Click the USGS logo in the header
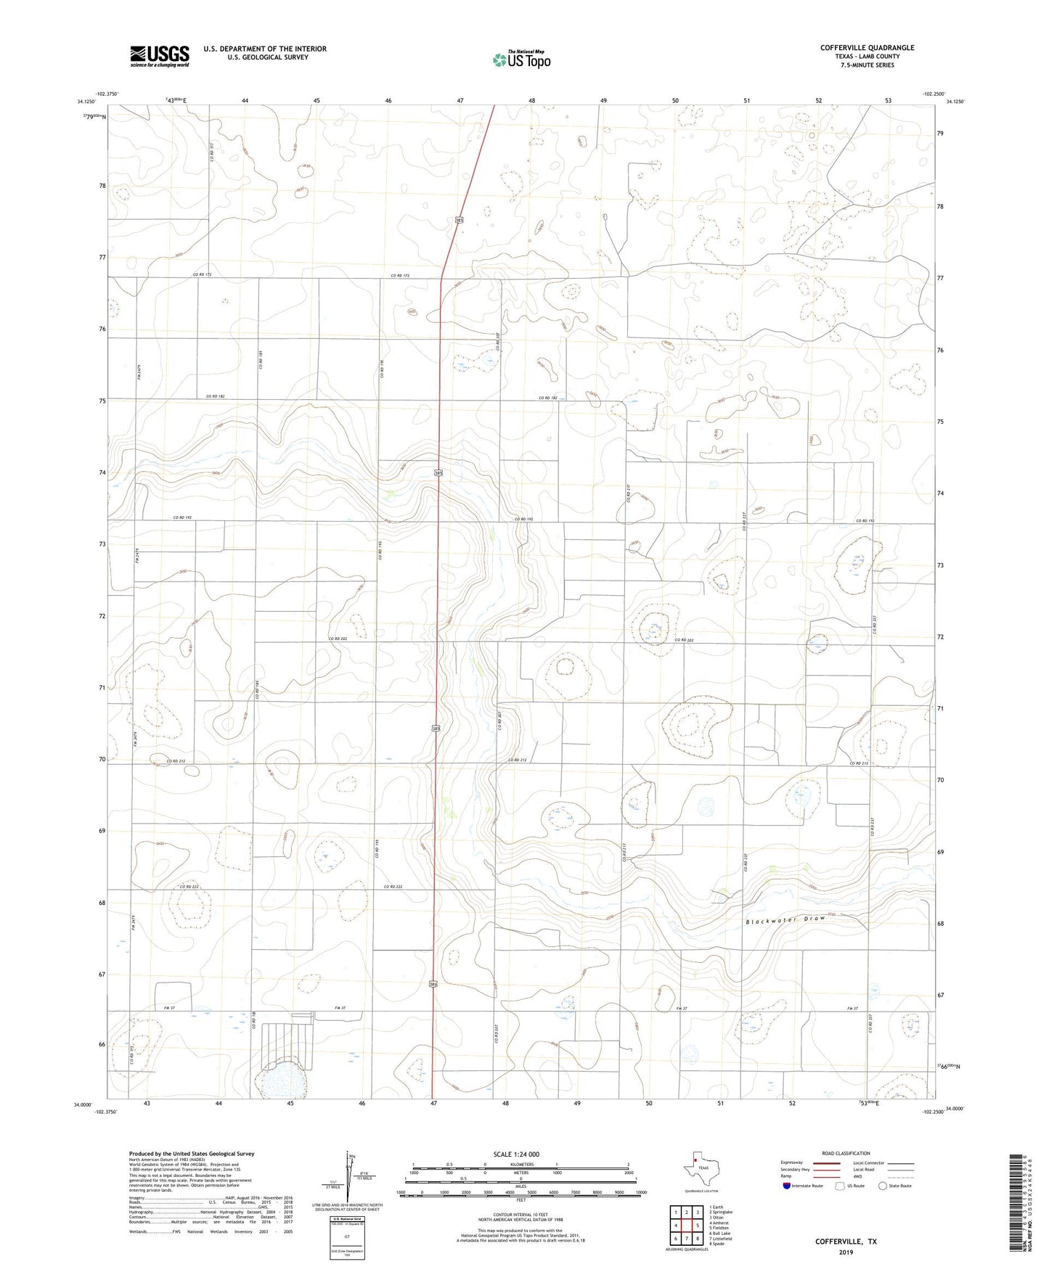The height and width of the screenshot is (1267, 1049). (160, 56)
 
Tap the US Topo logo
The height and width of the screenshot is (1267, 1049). (521, 60)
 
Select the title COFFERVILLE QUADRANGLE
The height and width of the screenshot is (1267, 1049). (867, 48)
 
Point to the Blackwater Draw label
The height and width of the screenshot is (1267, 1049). (786, 920)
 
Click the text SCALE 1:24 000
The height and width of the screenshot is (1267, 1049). (516, 1154)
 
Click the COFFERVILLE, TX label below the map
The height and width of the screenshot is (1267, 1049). (846, 1242)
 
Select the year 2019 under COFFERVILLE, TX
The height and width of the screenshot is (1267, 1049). (846, 1252)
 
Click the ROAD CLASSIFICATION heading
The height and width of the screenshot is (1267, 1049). (846, 1153)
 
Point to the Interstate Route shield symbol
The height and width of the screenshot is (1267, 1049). (787, 1186)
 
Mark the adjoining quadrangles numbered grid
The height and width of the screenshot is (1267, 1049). (686, 1226)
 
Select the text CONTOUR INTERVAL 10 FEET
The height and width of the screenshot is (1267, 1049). (520, 1219)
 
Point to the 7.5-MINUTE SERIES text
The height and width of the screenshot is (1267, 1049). (867, 65)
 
